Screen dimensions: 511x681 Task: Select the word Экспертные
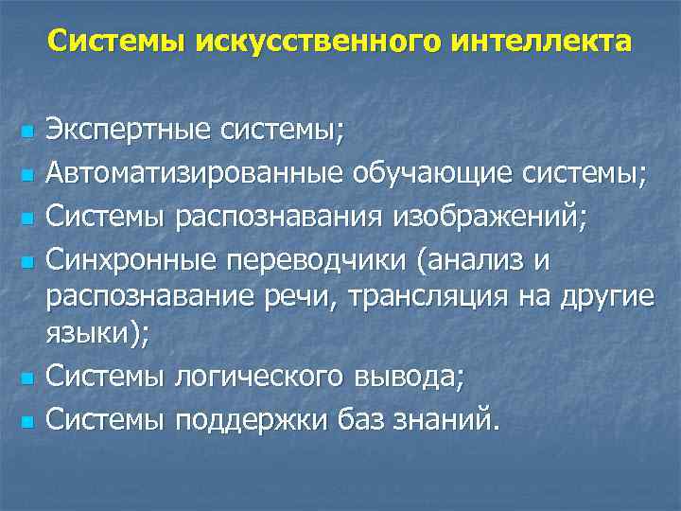pyautogui.click(x=130, y=131)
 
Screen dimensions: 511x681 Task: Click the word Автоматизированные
pyautogui.click(x=197, y=174)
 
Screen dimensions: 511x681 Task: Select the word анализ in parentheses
pyautogui.click(x=479, y=260)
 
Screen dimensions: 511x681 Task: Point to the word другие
pyautogui.click(x=607, y=296)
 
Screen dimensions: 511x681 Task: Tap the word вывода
pyautogui.click(x=417, y=376)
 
